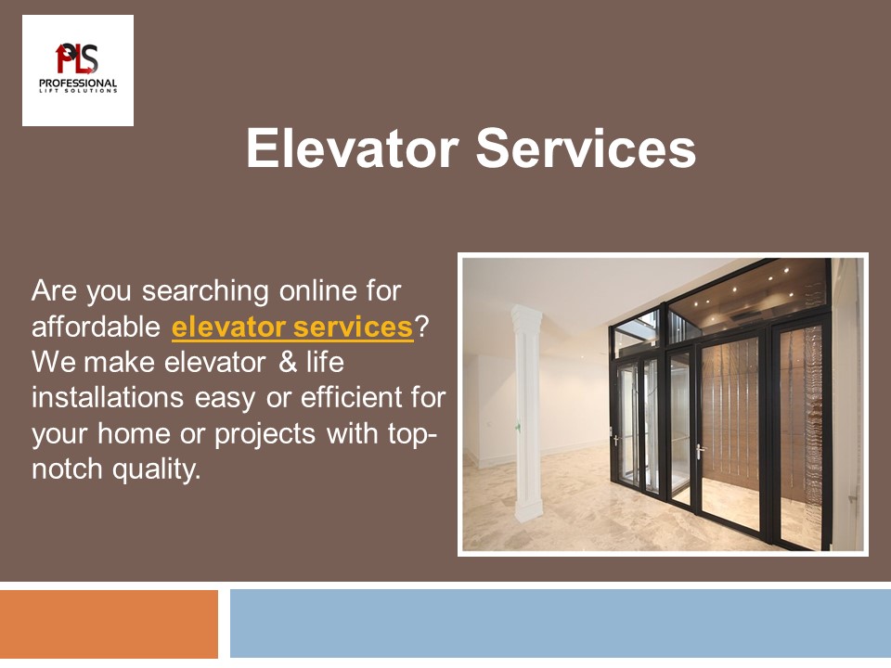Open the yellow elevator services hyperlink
tap(292, 328)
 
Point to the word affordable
tap(97, 328)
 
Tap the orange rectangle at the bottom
tap(109, 623)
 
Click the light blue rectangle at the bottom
tap(560, 623)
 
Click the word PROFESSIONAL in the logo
tap(78, 83)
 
